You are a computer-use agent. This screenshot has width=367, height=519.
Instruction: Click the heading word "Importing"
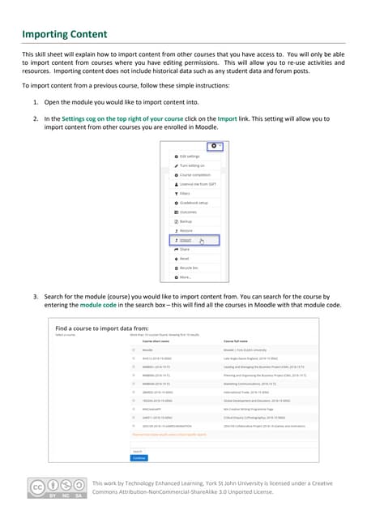tap(46, 34)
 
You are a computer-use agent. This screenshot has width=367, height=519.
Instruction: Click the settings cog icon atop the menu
tap(213, 146)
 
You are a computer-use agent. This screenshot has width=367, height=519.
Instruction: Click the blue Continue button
tap(139, 457)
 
